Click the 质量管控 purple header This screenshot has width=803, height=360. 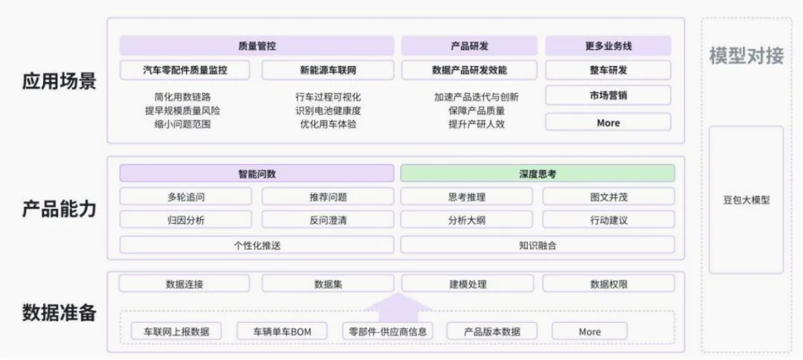(257, 45)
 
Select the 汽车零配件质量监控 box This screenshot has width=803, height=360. (185, 70)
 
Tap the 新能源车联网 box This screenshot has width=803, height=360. (328, 70)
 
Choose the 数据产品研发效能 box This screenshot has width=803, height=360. (469, 70)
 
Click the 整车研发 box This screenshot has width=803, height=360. (608, 70)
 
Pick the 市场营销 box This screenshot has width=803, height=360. (608, 95)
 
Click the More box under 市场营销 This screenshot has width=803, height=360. (608, 123)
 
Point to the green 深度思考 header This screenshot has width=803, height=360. (538, 173)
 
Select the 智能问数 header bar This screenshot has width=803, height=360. (257, 173)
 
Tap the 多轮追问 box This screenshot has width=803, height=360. (186, 196)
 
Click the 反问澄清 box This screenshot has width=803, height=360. (328, 220)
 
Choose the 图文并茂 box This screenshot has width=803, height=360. (608, 196)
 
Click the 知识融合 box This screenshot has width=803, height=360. (538, 245)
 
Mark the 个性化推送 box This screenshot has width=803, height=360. (257, 245)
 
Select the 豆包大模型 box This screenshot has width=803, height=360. (746, 200)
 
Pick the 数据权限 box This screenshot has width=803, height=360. (608, 283)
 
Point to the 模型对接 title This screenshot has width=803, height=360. (746, 56)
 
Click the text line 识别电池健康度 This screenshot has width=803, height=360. (328, 110)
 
